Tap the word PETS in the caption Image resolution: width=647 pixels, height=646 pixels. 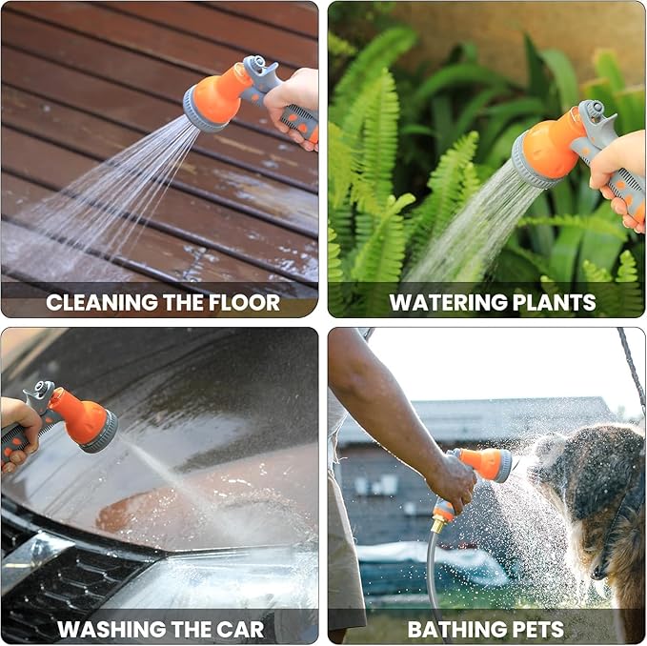[537, 630]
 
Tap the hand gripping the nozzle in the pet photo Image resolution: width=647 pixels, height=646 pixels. [452, 481]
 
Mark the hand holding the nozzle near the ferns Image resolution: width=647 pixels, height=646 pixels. [620, 172]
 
